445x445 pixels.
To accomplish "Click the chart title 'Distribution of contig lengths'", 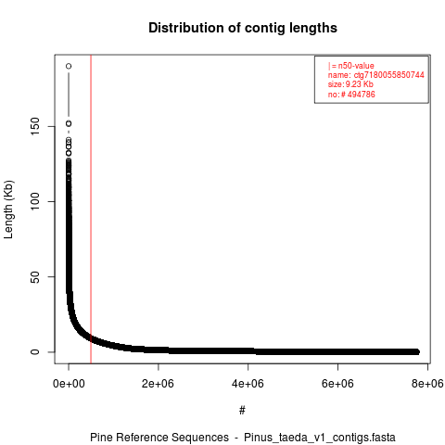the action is pos(243,28).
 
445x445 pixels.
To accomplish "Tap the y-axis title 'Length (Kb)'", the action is pos(8,210).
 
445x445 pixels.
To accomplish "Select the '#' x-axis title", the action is pos(242,411).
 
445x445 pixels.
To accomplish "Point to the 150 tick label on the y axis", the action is pos(35,126).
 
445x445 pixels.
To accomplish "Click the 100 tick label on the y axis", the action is pos(35,201).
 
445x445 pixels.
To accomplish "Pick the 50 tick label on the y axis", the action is pos(35,277).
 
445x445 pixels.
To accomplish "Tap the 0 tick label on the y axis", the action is pos(35,352).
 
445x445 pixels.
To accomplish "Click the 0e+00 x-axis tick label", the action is pos(69,384).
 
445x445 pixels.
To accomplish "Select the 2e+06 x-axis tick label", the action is pos(158,384).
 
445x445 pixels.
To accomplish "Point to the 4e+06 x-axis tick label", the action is pos(248,384).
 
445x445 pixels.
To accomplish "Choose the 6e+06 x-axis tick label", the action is pos(337,384).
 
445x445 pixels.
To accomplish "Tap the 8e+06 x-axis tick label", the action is pos(427,384).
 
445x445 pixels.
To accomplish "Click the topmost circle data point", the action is pos(69,66).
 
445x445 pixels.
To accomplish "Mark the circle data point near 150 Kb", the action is pos(69,123).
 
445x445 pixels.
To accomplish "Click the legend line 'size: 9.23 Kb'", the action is pos(350,84).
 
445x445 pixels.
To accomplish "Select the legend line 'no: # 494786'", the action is pos(351,95).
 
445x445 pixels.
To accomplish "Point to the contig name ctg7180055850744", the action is pos(388,75).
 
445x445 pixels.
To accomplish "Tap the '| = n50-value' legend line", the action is pos(351,66).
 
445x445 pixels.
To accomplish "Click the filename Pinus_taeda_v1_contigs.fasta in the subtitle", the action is pos(320,438).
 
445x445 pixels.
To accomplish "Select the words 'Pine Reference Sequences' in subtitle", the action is pos(159,438).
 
